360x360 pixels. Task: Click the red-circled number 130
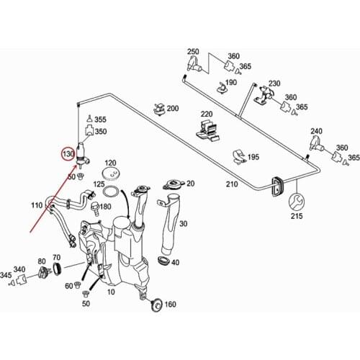(68, 153)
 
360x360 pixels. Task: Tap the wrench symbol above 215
(297, 202)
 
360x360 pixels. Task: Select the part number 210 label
(232, 184)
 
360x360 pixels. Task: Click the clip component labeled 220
(207, 131)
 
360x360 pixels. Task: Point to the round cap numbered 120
(110, 174)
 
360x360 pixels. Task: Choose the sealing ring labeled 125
(111, 192)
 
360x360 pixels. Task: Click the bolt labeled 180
(96, 208)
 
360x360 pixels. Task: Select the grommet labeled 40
(163, 261)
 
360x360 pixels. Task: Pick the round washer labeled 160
(157, 305)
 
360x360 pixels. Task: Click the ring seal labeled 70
(57, 269)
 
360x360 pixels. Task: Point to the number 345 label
(6, 275)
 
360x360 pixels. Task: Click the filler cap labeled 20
(171, 185)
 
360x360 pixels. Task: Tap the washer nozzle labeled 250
(194, 64)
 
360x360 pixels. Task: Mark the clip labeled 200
(159, 109)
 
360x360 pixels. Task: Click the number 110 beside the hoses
(37, 205)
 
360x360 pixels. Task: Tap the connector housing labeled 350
(89, 130)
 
